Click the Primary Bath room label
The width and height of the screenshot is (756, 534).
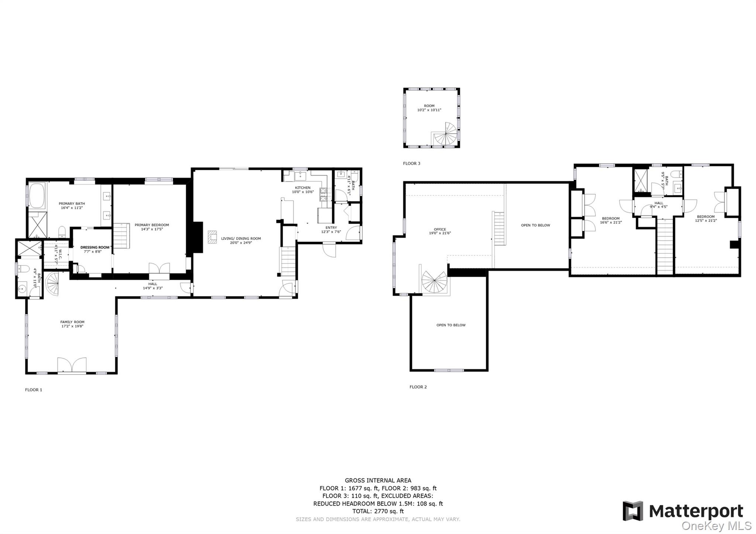[72, 203]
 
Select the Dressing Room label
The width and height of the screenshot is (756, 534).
[95, 247]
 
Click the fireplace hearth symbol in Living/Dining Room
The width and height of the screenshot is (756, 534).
[212, 237]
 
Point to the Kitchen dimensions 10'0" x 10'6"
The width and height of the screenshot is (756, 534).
[303, 192]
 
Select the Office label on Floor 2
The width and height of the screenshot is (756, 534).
[440, 229]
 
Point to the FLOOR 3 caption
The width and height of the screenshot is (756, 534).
[411, 163]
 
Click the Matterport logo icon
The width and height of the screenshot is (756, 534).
[633, 511]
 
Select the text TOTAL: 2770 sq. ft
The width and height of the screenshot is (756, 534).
[378, 511]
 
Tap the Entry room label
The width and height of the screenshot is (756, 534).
[331, 228]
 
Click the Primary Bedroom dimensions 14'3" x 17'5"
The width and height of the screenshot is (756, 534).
[152, 229]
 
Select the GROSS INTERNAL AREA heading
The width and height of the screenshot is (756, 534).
[378, 480]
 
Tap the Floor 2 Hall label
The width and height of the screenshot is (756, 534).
[659, 203]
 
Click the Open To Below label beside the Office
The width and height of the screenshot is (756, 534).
[535, 225]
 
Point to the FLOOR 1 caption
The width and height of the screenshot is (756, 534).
[34, 390]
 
